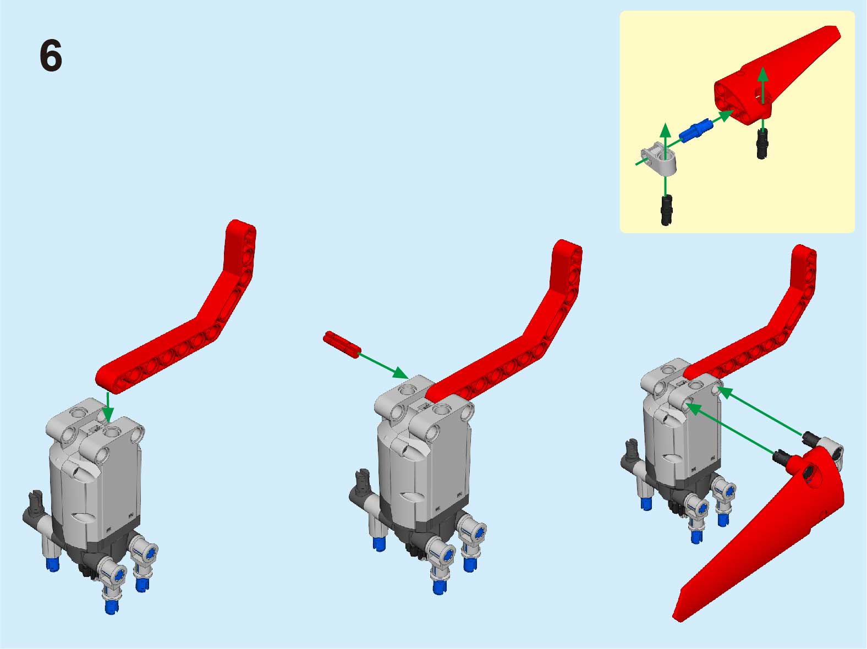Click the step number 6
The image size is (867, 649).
coord(51,56)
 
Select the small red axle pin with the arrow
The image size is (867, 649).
coord(342,345)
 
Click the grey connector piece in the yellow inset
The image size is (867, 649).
coord(659,158)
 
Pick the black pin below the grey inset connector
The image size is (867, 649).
coord(666,210)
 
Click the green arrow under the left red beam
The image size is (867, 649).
coord(107,407)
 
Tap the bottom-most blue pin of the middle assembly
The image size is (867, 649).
coord(439,587)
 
